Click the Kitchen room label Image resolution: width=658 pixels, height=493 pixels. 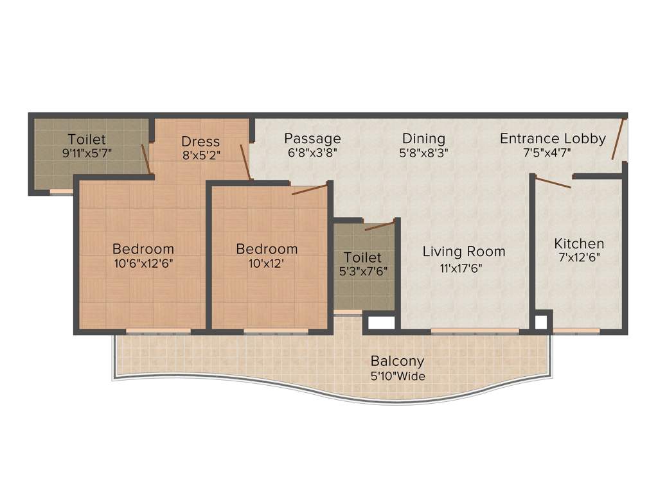pyautogui.click(x=579, y=244)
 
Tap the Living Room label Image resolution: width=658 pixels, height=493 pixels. pyautogui.click(x=463, y=252)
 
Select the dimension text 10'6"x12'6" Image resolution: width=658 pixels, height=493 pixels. pyautogui.click(x=143, y=263)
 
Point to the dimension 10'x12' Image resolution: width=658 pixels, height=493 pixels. pyautogui.click(x=267, y=263)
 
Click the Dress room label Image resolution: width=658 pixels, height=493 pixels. pyautogui.click(x=200, y=141)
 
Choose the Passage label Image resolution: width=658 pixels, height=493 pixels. pyautogui.click(x=312, y=138)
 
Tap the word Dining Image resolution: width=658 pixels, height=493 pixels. pyautogui.click(x=423, y=138)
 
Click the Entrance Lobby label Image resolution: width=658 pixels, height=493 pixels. pyautogui.click(x=553, y=138)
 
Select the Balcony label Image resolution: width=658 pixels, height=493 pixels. pyautogui.click(x=397, y=361)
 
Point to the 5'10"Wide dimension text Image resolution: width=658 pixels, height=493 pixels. pyautogui.click(x=397, y=376)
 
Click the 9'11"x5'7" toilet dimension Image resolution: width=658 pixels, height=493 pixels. pyautogui.click(x=87, y=154)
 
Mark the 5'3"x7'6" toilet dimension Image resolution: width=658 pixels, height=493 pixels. pyautogui.click(x=363, y=271)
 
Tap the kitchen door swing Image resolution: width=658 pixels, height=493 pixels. pyautogui.click(x=553, y=183)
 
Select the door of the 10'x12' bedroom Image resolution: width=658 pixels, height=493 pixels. pyautogui.click(x=310, y=188)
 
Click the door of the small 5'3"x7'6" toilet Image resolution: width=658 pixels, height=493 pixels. pyautogui.click(x=379, y=225)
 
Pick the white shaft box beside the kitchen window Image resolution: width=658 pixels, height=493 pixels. pyautogui.click(x=542, y=322)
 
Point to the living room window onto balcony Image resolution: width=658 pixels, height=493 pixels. pyautogui.click(x=474, y=331)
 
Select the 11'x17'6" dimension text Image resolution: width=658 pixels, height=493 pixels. pyautogui.click(x=461, y=268)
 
